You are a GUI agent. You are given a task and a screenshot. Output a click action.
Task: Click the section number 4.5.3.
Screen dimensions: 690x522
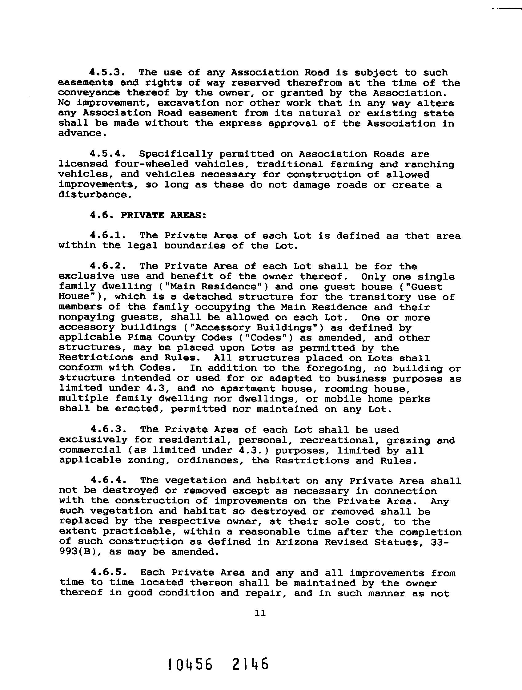(108, 72)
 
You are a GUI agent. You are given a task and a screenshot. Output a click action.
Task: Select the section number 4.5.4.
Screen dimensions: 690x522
(108, 154)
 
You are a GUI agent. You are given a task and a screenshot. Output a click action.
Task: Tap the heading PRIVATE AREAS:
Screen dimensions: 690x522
(163, 215)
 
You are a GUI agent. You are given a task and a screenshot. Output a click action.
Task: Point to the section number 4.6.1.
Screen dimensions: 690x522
(108, 236)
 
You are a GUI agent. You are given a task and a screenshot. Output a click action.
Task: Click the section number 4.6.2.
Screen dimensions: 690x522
(108, 266)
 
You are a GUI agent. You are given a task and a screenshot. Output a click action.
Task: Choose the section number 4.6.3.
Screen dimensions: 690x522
(108, 430)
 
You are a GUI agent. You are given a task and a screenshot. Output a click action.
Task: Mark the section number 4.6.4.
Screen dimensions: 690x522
(108, 480)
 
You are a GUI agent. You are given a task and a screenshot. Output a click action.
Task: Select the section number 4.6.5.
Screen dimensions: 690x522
(108, 573)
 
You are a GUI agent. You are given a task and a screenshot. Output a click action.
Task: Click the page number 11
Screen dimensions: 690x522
(260, 614)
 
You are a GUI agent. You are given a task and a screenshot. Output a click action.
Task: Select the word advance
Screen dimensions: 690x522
(82, 134)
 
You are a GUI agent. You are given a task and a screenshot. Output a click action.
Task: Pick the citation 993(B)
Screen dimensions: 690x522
(81, 552)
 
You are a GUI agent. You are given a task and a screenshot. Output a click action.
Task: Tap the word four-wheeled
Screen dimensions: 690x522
(151, 164)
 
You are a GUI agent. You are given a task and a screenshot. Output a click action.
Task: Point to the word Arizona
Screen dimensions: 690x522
(297, 542)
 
